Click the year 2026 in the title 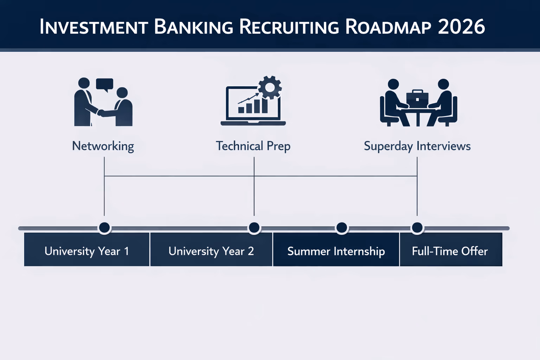coord(461,27)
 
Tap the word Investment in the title coord(94,27)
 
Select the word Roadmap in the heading coord(388,27)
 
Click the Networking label coord(103,146)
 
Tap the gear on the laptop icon coord(270,87)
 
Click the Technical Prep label coord(253,146)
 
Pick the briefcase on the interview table coord(417,97)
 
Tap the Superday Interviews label coord(417,146)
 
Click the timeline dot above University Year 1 coord(104,228)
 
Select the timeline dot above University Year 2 coord(254,228)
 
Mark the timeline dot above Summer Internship coord(342,228)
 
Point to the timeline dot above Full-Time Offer coord(417,228)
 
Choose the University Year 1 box coord(87,251)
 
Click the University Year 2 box coord(211,251)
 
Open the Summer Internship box coord(336,251)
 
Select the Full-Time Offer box coord(450,251)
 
